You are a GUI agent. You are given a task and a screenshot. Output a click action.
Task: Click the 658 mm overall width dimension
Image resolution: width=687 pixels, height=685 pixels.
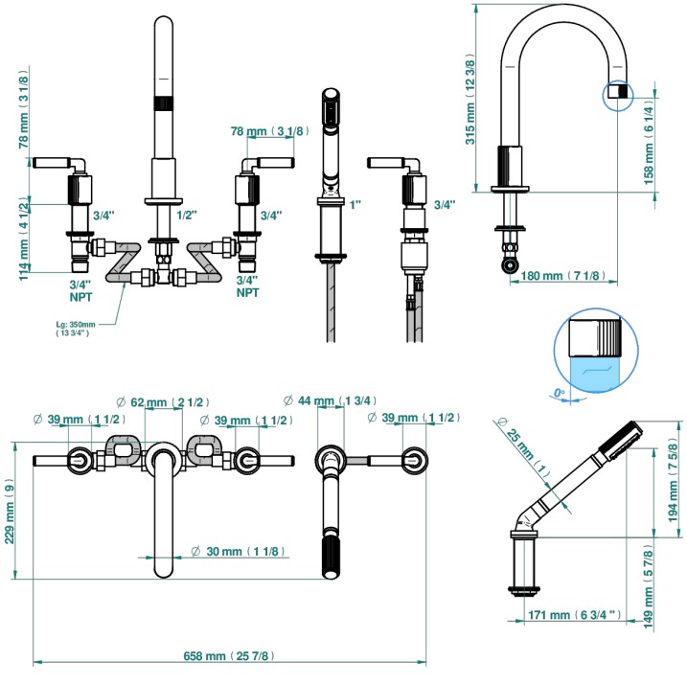(229, 655)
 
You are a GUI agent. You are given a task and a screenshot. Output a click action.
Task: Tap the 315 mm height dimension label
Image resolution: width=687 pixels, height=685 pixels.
(469, 99)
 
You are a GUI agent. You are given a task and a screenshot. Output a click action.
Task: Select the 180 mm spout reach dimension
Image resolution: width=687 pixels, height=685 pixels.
(563, 276)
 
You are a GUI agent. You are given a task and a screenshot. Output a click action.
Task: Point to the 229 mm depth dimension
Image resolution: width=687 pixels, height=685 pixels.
(9, 511)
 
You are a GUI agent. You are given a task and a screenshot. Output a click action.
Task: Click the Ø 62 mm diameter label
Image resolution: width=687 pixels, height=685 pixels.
(163, 402)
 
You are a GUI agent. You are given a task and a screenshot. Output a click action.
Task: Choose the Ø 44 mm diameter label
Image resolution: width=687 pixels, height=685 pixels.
(330, 400)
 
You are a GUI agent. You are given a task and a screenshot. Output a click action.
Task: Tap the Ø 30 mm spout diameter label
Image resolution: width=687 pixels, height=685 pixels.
(239, 551)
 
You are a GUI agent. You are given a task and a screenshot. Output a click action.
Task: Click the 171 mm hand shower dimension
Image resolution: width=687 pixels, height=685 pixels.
(574, 615)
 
